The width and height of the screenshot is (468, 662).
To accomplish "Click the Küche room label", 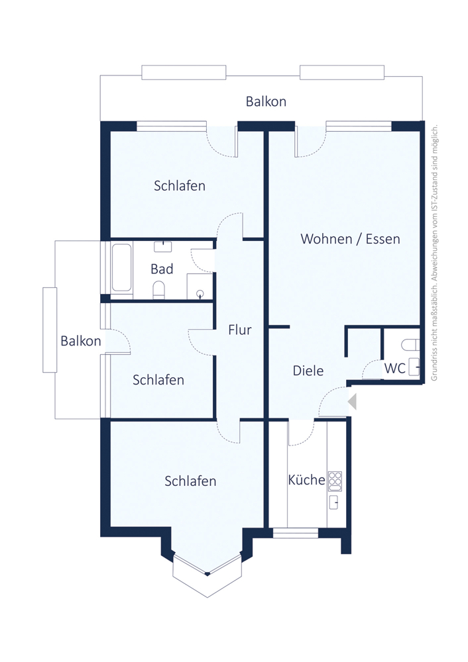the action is coord(306,479).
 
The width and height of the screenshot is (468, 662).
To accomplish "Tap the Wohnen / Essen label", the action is coord(350,239).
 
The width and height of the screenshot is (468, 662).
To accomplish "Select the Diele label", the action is coord(308,371).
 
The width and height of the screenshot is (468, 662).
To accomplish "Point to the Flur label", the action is coord(240,330).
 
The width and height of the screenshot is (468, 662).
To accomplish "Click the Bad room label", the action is coord(162,269).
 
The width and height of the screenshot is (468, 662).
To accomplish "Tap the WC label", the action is coord(395,368).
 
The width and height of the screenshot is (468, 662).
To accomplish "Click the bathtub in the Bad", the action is coord(121,268).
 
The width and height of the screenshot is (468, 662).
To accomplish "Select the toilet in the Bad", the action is coord(159,291).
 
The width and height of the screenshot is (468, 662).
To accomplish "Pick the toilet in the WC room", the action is coord(410,345).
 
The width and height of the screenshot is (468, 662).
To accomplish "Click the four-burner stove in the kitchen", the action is coord(335,481).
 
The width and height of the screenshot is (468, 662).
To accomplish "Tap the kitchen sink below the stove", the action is coord(334,502).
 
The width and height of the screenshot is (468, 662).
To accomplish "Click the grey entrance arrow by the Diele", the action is coord(352,401).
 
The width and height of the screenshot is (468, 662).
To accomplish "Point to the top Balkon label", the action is coord(266,102).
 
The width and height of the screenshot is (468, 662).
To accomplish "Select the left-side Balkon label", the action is coord(81,341).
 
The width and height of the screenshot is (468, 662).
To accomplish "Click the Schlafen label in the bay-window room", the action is coord(190,481).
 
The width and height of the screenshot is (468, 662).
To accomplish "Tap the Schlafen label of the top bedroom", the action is coord(180,186).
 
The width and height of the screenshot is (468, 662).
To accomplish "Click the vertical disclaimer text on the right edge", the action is coord(434,252).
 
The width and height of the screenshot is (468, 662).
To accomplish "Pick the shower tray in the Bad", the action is coord(200,286).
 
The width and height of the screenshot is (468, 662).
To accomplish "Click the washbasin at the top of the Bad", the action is coord(163,246).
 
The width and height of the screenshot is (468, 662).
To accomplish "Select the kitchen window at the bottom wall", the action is coord(296,533).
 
